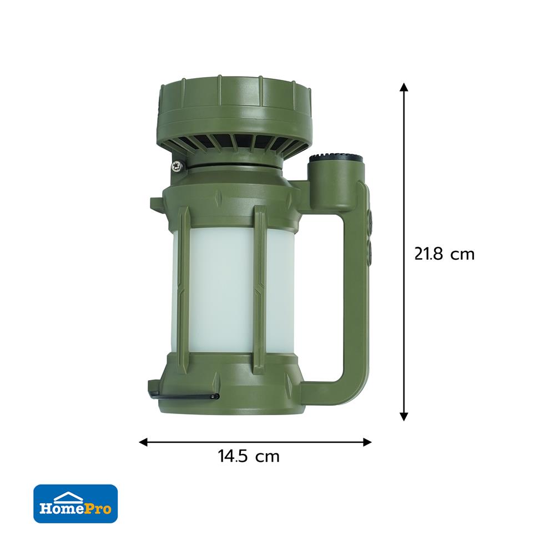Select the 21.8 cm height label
445,254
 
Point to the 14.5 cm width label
249,457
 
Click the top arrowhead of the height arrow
404,88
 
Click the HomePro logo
75,503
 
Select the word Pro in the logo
100,508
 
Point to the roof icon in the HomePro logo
76,496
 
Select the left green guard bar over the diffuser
184,289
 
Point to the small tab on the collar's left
155,201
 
